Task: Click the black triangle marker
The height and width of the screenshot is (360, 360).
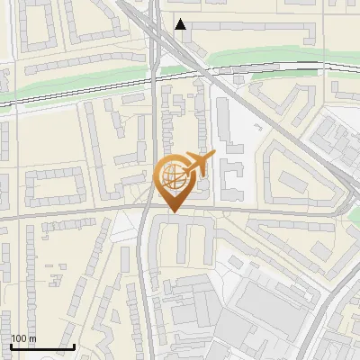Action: [181, 24]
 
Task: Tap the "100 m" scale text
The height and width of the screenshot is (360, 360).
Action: [23, 338]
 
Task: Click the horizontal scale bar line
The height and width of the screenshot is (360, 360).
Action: [42, 346]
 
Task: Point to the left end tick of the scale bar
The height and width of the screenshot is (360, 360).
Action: [11, 345]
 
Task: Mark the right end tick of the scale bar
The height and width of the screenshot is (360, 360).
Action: [74, 345]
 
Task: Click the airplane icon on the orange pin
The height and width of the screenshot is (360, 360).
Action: [195, 165]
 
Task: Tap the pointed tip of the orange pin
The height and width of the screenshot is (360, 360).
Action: [172, 211]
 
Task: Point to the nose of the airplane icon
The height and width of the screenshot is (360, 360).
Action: [212, 156]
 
